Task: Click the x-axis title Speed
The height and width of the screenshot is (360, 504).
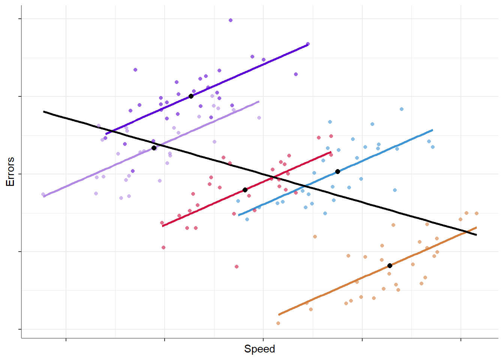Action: (259, 349)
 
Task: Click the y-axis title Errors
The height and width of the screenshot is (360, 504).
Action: (10, 171)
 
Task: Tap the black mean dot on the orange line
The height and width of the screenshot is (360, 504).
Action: (390, 265)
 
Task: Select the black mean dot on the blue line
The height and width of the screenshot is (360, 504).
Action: (337, 171)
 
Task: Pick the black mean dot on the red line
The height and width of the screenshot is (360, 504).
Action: (245, 190)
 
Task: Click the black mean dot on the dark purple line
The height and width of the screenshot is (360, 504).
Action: (191, 96)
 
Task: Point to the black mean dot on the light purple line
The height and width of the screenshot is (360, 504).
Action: (154, 148)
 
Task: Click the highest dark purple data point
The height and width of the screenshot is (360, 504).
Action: (231, 20)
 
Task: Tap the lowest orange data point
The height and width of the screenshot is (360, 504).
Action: (278, 323)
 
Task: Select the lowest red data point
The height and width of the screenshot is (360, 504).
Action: (237, 267)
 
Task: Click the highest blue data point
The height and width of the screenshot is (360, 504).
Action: (402, 109)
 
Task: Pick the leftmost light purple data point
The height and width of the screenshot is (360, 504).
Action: (43, 194)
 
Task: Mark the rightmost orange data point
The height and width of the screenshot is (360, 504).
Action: (477, 213)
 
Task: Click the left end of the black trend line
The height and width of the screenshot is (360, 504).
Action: (44, 111)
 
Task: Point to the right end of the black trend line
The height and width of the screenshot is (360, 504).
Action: (476, 235)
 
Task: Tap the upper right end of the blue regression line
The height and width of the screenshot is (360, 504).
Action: (432, 130)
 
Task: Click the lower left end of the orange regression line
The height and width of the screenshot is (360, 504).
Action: (279, 314)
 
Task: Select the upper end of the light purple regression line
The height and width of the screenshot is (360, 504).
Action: (259, 101)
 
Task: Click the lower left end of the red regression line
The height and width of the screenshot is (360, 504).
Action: (163, 226)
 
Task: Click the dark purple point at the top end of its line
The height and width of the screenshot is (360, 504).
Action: (308, 44)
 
